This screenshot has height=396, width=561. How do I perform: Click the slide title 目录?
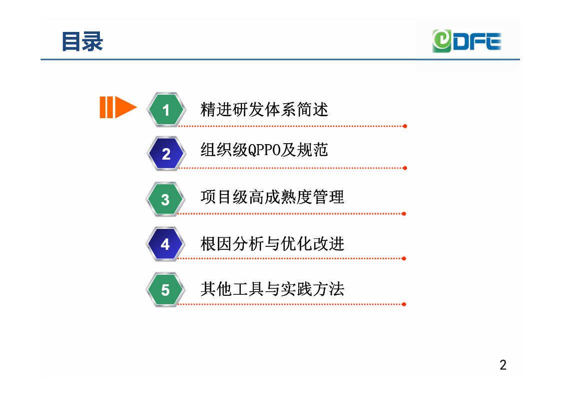click(82, 41)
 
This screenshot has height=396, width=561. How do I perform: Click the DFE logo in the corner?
click(467, 41)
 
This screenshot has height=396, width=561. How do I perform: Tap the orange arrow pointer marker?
click(118, 107)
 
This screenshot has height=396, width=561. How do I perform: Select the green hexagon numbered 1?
click(166, 110)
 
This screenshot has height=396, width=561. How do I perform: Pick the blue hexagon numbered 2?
click(166, 154)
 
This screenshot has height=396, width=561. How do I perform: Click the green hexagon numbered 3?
click(165, 199)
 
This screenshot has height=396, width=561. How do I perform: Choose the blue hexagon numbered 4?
click(165, 244)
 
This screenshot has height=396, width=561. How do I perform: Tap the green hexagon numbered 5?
click(165, 290)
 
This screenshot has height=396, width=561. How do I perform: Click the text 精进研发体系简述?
click(264, 109)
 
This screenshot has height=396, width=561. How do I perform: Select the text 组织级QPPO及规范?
click(264, 150)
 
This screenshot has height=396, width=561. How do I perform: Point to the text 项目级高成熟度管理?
click(272, 197)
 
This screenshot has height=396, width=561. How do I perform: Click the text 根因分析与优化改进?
click(272, 244)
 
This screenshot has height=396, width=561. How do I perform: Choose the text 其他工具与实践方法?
click(272, 289)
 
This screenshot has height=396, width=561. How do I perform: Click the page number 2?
click(503, 365)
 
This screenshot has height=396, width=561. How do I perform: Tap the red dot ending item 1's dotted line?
click(405, 126)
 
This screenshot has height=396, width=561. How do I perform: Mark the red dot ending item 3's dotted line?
click(404, 214)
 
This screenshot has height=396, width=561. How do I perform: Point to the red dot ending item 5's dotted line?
click(404, 304)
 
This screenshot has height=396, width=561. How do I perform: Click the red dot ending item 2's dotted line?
click(405, 168)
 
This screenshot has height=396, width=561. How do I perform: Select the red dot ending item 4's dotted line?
click(404, 258)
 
